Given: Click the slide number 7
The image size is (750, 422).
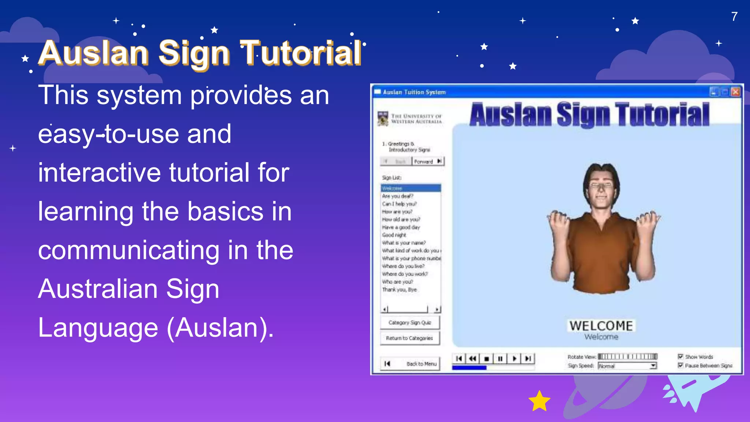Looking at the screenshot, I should click(x=734, y=16).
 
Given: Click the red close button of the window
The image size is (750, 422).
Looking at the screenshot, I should click(x=735, y=92).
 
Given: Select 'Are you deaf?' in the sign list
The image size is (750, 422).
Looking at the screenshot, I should click(x=397, y=196).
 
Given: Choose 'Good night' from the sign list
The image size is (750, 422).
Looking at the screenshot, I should click(x=394, y=235).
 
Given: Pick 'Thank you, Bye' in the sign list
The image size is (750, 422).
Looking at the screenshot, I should click(x=399, y=289).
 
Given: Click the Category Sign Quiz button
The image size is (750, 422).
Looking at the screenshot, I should click(x=409, y=322).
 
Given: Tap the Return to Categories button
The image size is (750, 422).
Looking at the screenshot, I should click(x=409, y=338).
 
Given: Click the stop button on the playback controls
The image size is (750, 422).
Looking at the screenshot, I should click(x=486, y=359).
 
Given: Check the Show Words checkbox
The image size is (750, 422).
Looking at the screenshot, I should click(x=680, y=356).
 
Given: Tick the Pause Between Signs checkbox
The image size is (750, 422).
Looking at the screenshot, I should click(x=680, y=365).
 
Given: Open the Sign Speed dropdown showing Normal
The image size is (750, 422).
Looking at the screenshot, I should click(x=653, y=366).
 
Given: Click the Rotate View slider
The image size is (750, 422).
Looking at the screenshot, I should click(x=627, y=356).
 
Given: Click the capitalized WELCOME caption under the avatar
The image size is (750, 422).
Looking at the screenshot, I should click(x=601, y=326).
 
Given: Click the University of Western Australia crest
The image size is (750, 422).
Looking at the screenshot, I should click(x=383, y=119).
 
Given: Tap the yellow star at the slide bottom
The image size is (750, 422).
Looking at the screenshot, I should click(x=539, y=401).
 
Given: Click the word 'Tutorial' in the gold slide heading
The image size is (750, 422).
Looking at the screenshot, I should click(x=301, y=53).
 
